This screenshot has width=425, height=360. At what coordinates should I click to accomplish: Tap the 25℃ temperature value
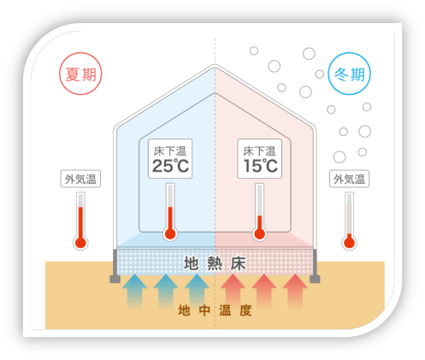pyautogui.click(x=170, y=166)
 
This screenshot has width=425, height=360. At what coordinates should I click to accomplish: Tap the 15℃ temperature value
pyautogui.click(x=261, y=166)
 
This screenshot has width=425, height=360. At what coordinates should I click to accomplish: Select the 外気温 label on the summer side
pyautogui.click(x=80, y=180)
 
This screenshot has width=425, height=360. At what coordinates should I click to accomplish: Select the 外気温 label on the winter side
pyautogui.click(x=349, y=180)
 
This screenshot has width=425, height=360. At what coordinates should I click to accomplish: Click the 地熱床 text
pyautogui.click(x=215, y=263)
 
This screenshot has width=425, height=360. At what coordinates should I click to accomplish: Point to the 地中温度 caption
pyautogui.click(x=215, y=310)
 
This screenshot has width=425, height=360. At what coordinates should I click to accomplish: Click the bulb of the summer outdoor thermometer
pyautogui.click(x=80, y=243)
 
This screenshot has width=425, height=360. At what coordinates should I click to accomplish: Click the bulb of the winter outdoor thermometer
pyautogui.click(x=350, y=243)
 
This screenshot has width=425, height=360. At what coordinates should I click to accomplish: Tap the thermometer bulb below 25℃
pyautogui.click(x=170, y=233)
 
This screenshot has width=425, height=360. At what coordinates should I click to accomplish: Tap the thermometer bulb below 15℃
pyautogui.click(x=260, y=233)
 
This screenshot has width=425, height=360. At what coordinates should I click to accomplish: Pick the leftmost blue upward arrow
pyautogui.click(x=134, y=291)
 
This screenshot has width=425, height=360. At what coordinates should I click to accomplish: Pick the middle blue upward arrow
pyautogui.click(x=166, y=291)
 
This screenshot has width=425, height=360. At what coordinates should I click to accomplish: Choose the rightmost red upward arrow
pyautogui.click(x=295, y=291)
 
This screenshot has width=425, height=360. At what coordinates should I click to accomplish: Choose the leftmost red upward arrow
pyautogui.click(x=233, y=291)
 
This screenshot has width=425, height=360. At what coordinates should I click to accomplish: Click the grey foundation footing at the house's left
pyautogui.click(x=115, y=279)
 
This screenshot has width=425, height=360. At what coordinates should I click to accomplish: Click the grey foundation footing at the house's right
pyautogui.click(x=315, y=279)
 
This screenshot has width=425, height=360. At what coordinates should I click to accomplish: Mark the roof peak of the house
pyautogui.click(x=215, y=65)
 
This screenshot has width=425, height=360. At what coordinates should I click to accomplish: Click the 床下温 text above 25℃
pyautogui.click(x=170, y=151)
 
